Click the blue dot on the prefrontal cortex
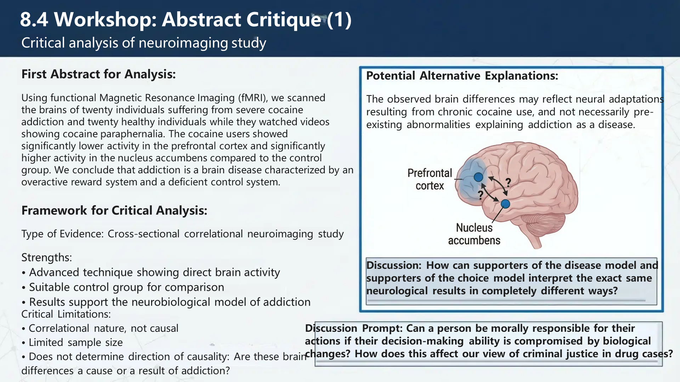[x=478, y=177]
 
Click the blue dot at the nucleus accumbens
[x=505, y=204]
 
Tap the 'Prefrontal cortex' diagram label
[x=430, y=179]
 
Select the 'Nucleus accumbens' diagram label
[x=474, y=234]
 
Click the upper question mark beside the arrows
[x=508, y=183]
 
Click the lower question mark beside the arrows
[x=480, y=195]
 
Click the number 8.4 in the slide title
[x=34, y=19]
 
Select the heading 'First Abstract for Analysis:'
[x=98, y=74]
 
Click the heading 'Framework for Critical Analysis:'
[x=114, y=210]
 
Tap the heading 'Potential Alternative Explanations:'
[x=462, y=76]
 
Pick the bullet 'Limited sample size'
[x=75, y=342]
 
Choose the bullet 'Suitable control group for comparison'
[x=126, y=287]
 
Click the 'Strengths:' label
[x=46, y=257]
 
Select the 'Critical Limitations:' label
[x=66, y=314]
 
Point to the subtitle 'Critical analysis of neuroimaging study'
[x=143, y=43]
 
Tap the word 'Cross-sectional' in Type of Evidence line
[x=143, y=234]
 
